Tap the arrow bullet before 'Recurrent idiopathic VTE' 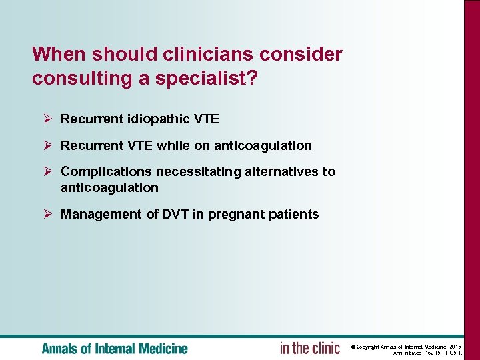pyautogui.click(x=47, y=119)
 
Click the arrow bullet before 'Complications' pyautogui.click(x=47, y=171)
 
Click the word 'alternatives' pyautogui.click(x=281, y=171)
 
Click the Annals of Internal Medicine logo pyautogui.click(x=115, y=348)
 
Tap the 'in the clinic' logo pyautogui.click(x=310, y=348)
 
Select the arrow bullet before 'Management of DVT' pyautogui.click(x=47, y=214)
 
